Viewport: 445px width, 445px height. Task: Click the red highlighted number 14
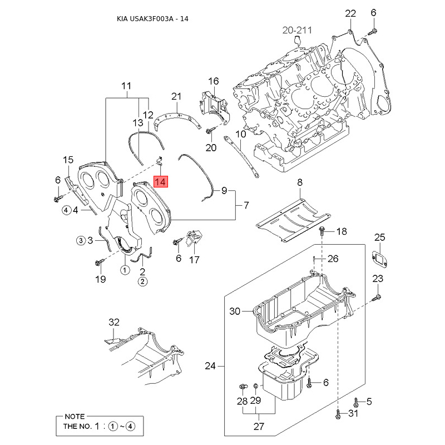[161, 182]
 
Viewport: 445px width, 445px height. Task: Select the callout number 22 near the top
[350, 13]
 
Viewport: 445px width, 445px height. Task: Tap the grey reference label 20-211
[297, 30]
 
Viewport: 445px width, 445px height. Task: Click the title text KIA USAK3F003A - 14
[152, 19]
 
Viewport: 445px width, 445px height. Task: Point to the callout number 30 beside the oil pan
[235, 311]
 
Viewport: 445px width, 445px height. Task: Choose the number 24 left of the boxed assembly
[210, 366]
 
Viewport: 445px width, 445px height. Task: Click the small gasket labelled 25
[379, 259]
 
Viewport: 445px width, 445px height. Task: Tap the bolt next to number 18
[322, 231]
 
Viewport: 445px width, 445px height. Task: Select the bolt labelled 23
[377, 298]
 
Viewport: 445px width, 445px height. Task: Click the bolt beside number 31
[338, 414]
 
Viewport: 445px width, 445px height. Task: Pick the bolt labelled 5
[356, 402]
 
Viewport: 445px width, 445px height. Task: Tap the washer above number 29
[255, 385]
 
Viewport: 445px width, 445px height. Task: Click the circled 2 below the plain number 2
[142, 281]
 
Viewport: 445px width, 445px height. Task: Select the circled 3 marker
[81, 241]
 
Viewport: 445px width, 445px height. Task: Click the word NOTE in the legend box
[75, 416]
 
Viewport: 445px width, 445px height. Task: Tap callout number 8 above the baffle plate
[300, 182]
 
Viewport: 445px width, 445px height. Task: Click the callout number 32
[114, 322]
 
